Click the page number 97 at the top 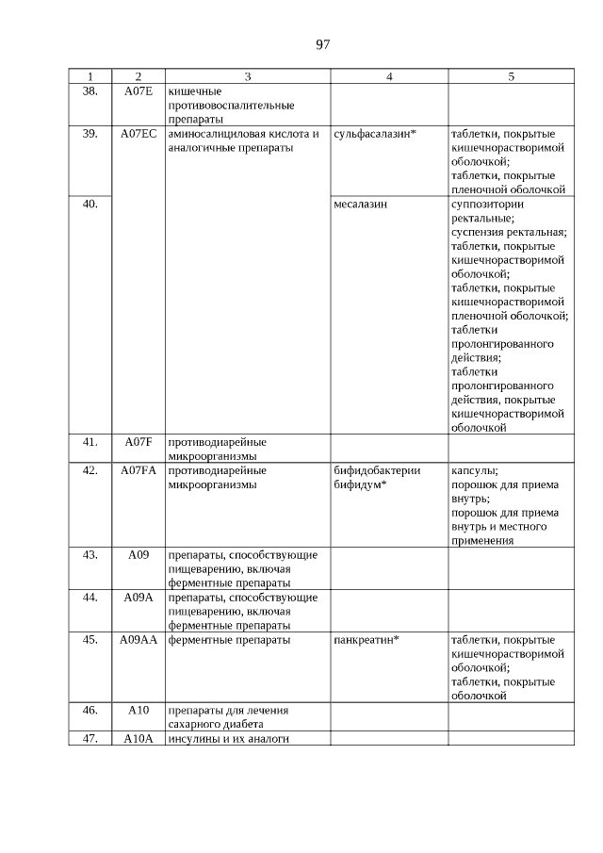pyautogui.click(x=322, y=44)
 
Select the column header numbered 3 pyautogui.click(x=247, y=76)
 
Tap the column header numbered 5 pyautogui.click(x=511, y=76)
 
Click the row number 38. pyautogui.click(x=90, y=91)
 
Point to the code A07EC pyautogui.click(x=139, y=134)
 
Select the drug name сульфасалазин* pyautogui.click(x=375, y=134)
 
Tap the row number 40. pyautogui.click(x=90, y=204)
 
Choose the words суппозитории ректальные pyautogui.click(x=489, y=210)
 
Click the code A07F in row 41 pyautogui.click(x=139, y=441)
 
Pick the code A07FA pyautogui.click(x=139, y=469)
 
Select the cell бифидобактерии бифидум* pyautogui.click(x=377, y=477)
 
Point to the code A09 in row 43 pyautogui.click(x=139, y=554)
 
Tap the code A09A pyautogui.click(x=139, y=597)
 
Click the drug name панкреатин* pyautogui.click(x=367, y=639)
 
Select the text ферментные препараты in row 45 pyautogui.click(x=229, y=639)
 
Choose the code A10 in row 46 pyautogui.click(x=139, y=710)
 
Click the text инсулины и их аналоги pyautogui.click(x=226, y=738)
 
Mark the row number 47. pyautogui.click(x=90, y=738)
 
